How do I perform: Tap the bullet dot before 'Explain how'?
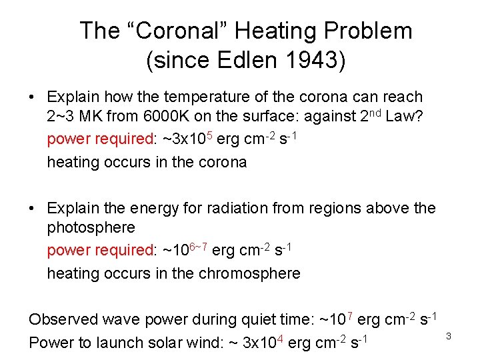(32, 98)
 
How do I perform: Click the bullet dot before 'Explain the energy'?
(32, 209)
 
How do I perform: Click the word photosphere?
(91, 228)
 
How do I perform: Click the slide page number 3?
(449, 336)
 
